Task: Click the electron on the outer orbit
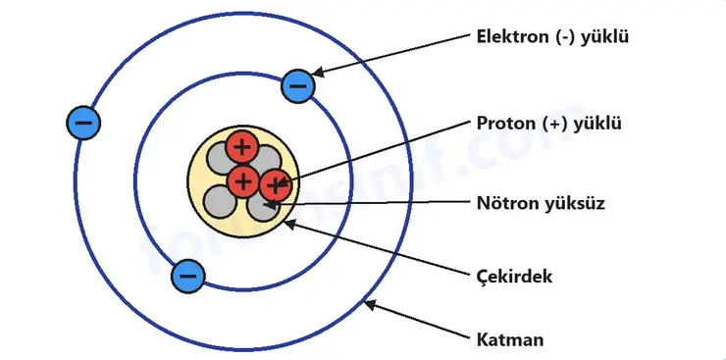click(83, 123)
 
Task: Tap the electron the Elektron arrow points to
click(298, 86)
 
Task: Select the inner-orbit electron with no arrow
click(187, 277)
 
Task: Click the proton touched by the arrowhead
click(276, 185)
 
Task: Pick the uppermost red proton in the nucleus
click(241, 147)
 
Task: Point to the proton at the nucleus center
click(242, 180)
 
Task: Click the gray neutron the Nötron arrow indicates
click(263, 207)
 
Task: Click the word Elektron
click(513, 36)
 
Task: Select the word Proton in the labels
click(506, 124)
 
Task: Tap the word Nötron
click(506, 203)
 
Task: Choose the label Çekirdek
click(514, 277)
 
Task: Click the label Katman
click(510, 340)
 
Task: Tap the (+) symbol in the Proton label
click(553, 124)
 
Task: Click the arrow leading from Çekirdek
click(376, 248)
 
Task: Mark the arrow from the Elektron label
click(389, 54)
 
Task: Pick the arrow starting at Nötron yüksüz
click(368, 203)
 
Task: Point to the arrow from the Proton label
click(372, 154)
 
